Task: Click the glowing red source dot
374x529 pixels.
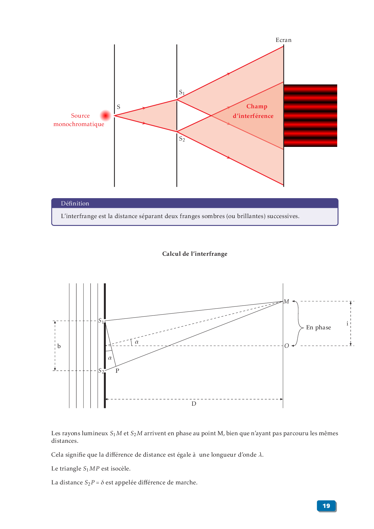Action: click(x=106, y=116)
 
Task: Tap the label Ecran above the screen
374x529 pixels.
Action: click(x=283, y=40)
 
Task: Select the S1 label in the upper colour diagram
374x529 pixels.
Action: click(x=182, y=92)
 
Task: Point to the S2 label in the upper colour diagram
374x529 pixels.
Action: click(x=182, y=139)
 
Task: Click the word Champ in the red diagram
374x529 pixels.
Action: click(x=257, y=106)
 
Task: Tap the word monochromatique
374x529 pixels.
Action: click(x=79, y=124)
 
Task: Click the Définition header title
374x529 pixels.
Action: click(x=75, y=204)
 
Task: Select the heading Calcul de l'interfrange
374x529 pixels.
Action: click(x=195, y=254)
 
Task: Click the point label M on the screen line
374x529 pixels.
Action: click(x=286, y=302)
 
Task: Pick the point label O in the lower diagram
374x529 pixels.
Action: click(x=287, y=346)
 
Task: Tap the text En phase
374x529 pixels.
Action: click(x=318, y=328)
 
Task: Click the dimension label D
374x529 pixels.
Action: click(x=194, y=404)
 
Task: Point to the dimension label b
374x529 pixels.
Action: click(x=59, y=346)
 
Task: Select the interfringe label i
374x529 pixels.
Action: click(x=347, y=324)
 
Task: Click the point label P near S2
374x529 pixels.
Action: click(x=117, y=371)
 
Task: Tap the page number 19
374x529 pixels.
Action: click(x=326, y=506)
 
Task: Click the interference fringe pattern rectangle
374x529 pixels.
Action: click(x=310, y=116)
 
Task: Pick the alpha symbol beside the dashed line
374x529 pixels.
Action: click(x=137, y=342)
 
